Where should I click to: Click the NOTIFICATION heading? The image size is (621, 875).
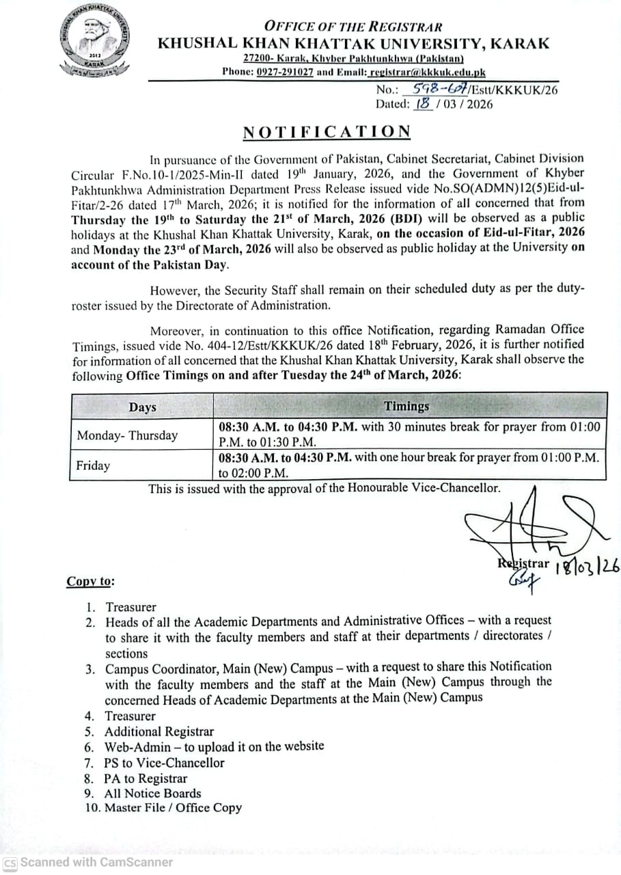coord(327,131)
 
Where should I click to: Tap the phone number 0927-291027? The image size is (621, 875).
coord(280,71)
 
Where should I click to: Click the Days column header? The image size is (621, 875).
coord(142,407)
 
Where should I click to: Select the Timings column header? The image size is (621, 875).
coord(407,406)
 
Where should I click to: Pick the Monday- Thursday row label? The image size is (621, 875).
coord(127,435)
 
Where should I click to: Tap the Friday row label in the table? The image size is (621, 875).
coord(94,466)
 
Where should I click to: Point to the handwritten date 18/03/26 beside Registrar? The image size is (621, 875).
coord(587,567)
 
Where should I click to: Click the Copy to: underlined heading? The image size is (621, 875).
coord(91,581)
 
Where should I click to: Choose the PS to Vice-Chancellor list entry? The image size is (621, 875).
coord(164,762)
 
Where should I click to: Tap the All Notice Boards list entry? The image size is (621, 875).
coord(152,793)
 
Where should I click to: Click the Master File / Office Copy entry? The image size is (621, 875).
coord(173,807)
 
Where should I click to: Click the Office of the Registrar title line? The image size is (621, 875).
coord(353,27)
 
